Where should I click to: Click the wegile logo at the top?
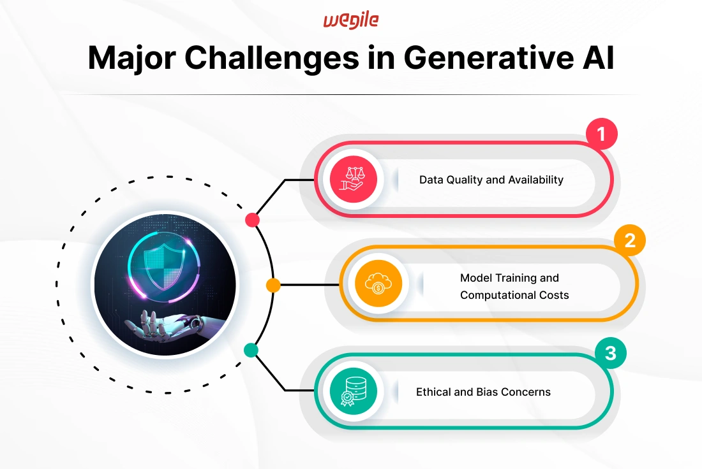tap(351, 20)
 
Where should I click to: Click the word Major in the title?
tap(132, 58)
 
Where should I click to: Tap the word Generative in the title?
tap(488, 58)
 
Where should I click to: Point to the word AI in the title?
tap(598, 58)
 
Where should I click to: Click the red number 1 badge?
tap(602, 134)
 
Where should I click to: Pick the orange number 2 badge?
tap(629, 240)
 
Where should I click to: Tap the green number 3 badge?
tap(611, 353)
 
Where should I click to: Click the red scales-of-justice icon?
tap(354, 179)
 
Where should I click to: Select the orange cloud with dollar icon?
tap(378, 284)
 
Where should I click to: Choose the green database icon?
tap(354, 391)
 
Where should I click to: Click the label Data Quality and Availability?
tap(491, 180)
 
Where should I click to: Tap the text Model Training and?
tap(509, 278)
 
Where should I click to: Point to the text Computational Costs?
tap(514, 295)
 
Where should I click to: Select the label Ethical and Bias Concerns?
tap(483, 392)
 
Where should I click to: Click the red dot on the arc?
tap(253, 220)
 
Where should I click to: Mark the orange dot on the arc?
tap(273, 285)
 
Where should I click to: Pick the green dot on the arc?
tap(251, 350)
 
